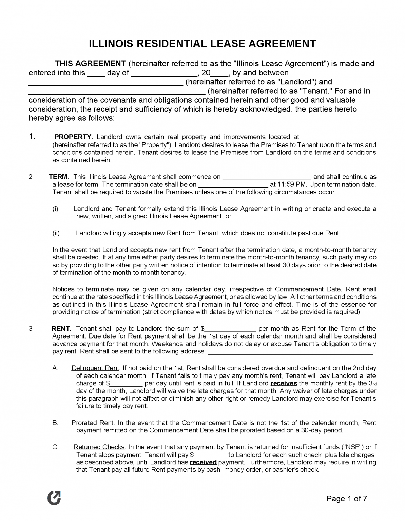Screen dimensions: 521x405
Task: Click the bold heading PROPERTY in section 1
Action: [73, 137]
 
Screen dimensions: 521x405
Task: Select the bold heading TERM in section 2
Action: [58, 177]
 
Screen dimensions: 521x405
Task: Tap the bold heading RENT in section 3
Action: [60, 328]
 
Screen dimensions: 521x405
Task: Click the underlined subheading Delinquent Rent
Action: [95, 368]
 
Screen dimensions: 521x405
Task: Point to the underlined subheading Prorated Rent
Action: [92, 423]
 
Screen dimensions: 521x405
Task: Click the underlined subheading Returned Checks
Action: [99, 447]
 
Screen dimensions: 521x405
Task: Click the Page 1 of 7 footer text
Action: [347, 498]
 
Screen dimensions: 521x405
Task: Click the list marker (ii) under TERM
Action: [56, 233]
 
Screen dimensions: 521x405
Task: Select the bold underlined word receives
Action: [284, 383]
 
